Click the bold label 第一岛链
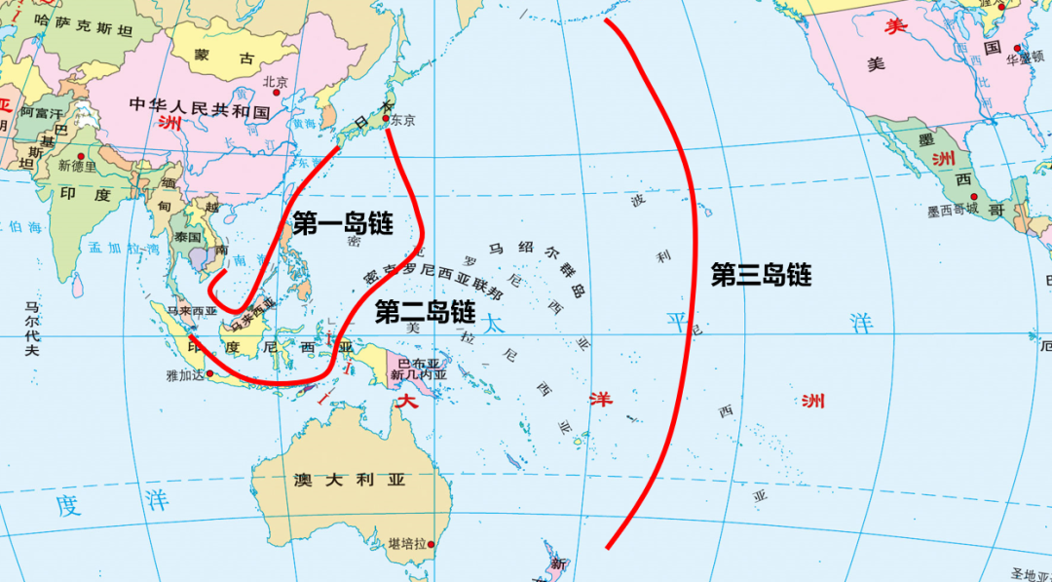(x=343, y=225)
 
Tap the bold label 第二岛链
(x=425, y=312)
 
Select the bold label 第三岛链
(x=761, y=276)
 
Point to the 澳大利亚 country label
(x=350, y=480)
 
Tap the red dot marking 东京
(x=386, y=120)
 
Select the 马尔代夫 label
(x=32, y=328)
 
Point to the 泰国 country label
(x=188, y=237)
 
